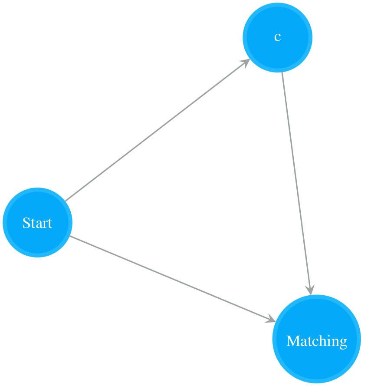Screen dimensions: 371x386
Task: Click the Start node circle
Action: (x=37, y=223)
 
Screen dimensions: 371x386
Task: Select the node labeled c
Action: (x=278, y=37)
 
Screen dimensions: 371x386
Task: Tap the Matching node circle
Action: (x=317, y=339)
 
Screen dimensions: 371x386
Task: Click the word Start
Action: (x=37, y=223)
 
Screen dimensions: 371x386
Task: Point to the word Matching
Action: (x=317, y=342)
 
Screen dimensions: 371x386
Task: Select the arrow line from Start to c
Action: (x=158, y=130)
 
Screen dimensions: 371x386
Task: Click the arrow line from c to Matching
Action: (x=297, y=183)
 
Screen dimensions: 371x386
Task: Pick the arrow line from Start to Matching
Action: (x=173, y=279)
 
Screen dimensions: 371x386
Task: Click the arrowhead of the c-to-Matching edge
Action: (x=310, y=290)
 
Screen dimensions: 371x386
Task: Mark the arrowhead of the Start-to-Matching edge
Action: (x=271, y=319)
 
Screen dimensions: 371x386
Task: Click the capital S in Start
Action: (x=26, y=223)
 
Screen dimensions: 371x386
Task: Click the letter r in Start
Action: (x=45, y=225)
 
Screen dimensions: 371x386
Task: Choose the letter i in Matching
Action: (x=330, y=341)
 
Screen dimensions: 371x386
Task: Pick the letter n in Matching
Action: (x=335, y=343)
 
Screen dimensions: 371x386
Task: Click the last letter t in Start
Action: (x=50, y=224)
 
